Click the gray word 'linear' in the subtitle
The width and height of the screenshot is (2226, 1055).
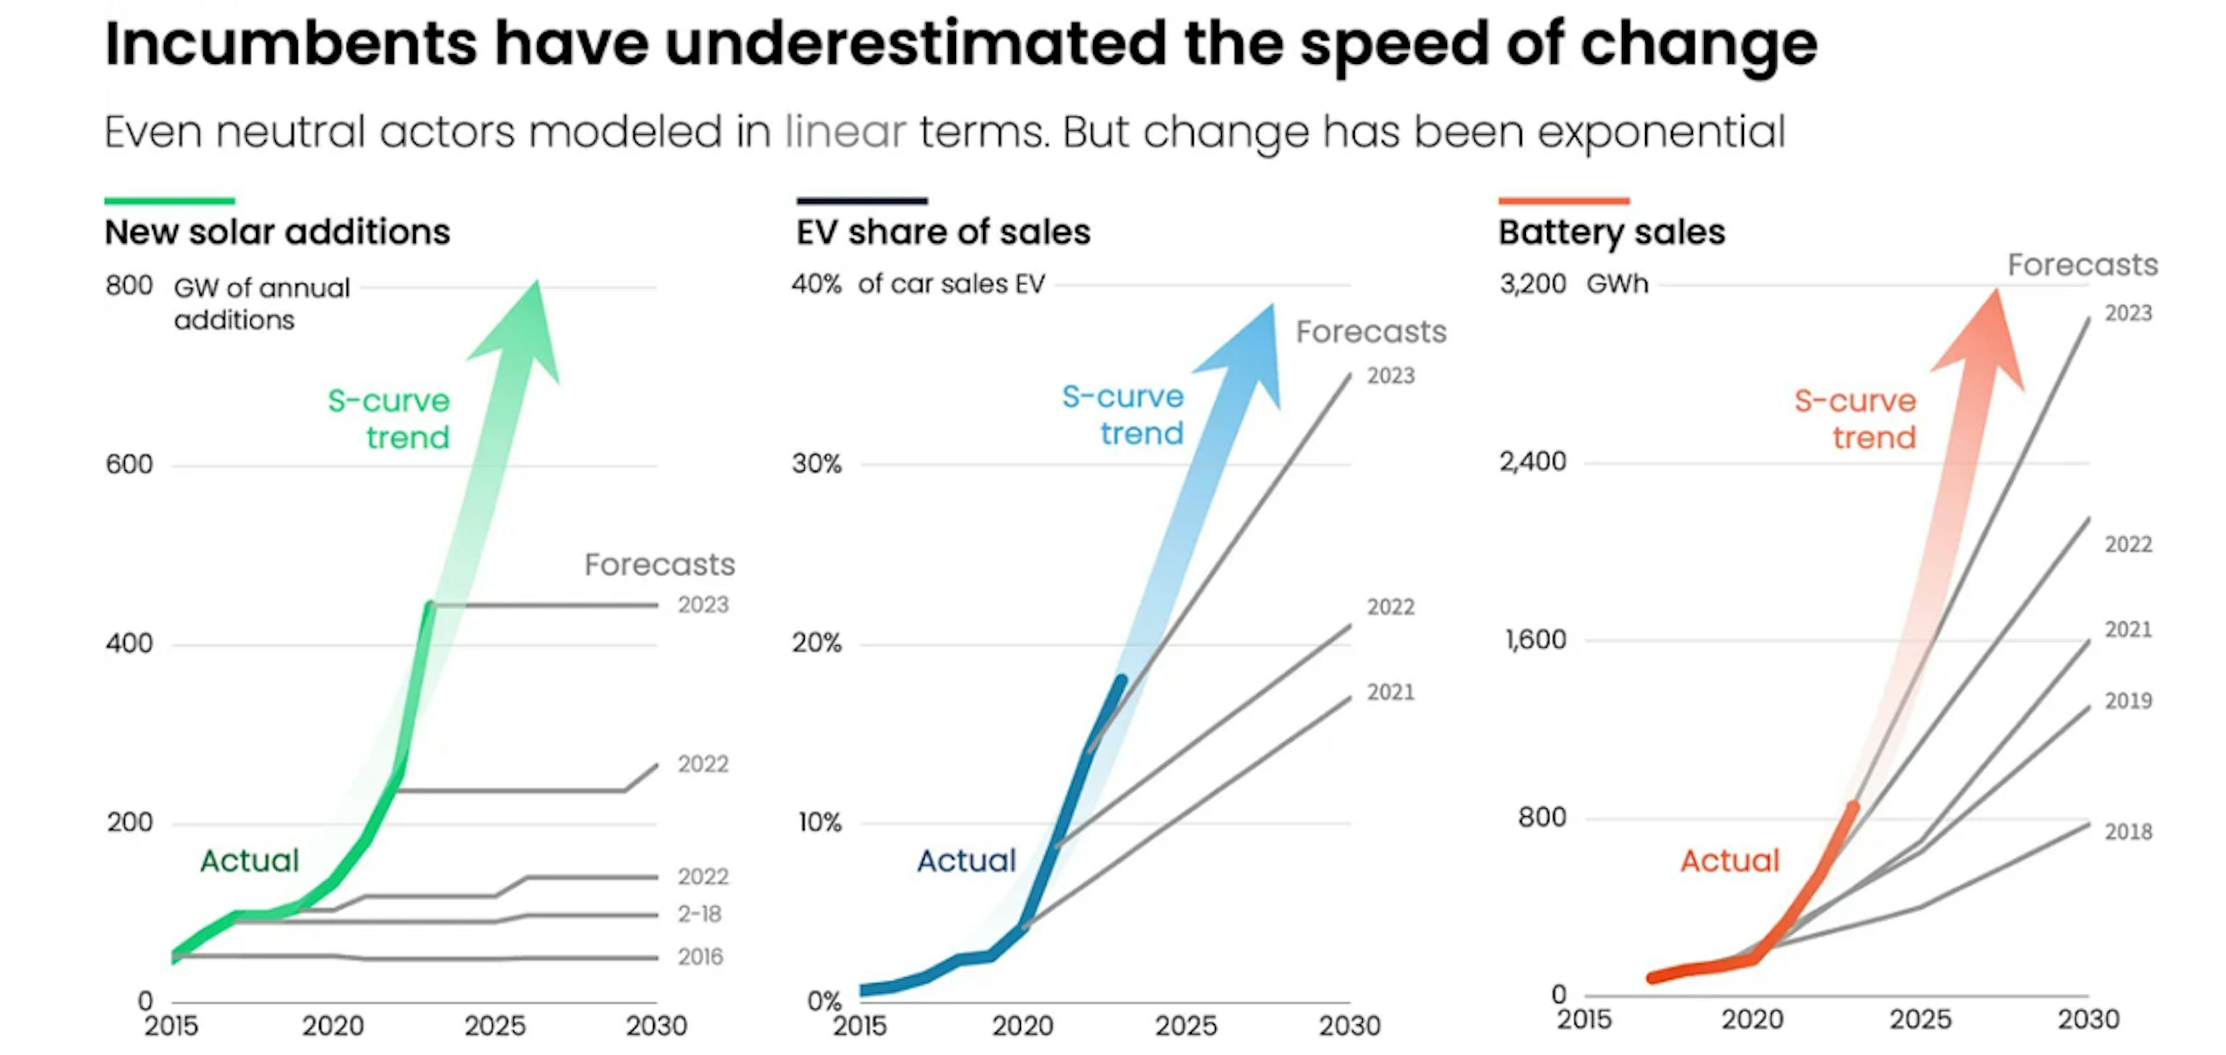[x=845, y=132]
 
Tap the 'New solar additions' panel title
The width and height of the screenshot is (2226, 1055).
[x=278, y=232]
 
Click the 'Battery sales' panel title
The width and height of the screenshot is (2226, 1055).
[x=1611, y=232]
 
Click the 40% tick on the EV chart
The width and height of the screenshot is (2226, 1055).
[x=816, y=284]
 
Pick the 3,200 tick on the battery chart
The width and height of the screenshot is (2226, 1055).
[x=1532, y=284]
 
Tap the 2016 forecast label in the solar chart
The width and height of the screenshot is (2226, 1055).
[x=700, y=956]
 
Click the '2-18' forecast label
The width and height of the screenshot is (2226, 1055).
[x=699, y=914]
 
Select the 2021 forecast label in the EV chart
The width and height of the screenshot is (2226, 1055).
[x=1391, y=692]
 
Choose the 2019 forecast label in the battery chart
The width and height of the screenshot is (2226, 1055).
[x=2127, y=701]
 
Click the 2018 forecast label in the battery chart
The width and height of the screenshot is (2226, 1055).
[x=2127, y=832]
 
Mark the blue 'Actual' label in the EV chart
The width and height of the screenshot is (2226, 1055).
[x=966, y=861]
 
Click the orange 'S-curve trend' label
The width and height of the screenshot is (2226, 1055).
[x=1854, y=419]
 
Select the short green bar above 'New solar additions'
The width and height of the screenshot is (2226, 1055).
[x=169, y=201]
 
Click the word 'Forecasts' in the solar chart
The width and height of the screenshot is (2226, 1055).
[x=659, y=564]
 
